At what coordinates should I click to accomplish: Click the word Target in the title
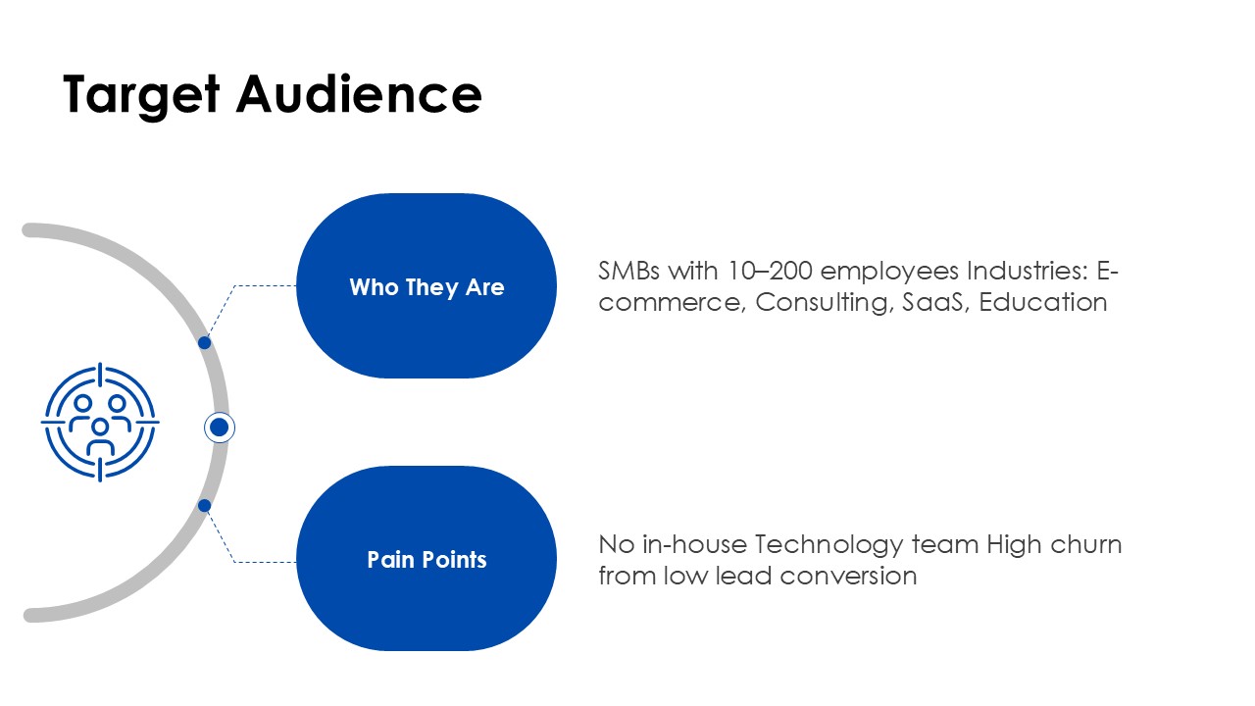point(141,96)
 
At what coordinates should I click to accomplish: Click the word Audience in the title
point(359,93)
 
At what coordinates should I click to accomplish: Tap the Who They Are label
point(427,287)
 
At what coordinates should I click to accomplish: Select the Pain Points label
point(427,559)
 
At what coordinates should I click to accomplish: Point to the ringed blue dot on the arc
point(219,428)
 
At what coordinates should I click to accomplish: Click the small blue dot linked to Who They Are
point(205,342)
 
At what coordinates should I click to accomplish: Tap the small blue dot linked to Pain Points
point(205,505)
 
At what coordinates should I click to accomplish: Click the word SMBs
point(628,272)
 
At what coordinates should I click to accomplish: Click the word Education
point(1042,303)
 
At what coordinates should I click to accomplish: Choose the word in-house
point(694,544)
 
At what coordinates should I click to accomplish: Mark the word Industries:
point(1028,272)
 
